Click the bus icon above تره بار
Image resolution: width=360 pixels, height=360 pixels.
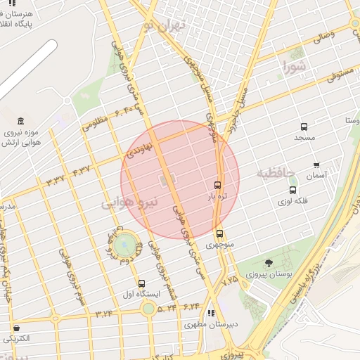point(217,185)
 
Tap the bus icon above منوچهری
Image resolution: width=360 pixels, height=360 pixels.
point(219,234)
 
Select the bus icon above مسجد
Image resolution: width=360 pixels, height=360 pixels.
point(304,127)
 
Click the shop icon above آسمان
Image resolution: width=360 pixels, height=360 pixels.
point(316,165)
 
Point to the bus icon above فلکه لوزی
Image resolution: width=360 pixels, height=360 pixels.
point(292,190)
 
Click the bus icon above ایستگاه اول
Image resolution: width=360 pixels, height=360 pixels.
point(142,283)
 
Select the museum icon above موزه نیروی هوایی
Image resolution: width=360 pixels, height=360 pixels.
point(20,121)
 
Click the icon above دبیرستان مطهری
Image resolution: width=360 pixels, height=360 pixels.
point(210,314)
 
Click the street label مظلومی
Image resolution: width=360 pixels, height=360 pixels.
point(96,123)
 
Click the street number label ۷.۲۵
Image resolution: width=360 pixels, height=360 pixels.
point(230,280)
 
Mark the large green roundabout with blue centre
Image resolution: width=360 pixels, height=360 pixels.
point(127,244)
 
